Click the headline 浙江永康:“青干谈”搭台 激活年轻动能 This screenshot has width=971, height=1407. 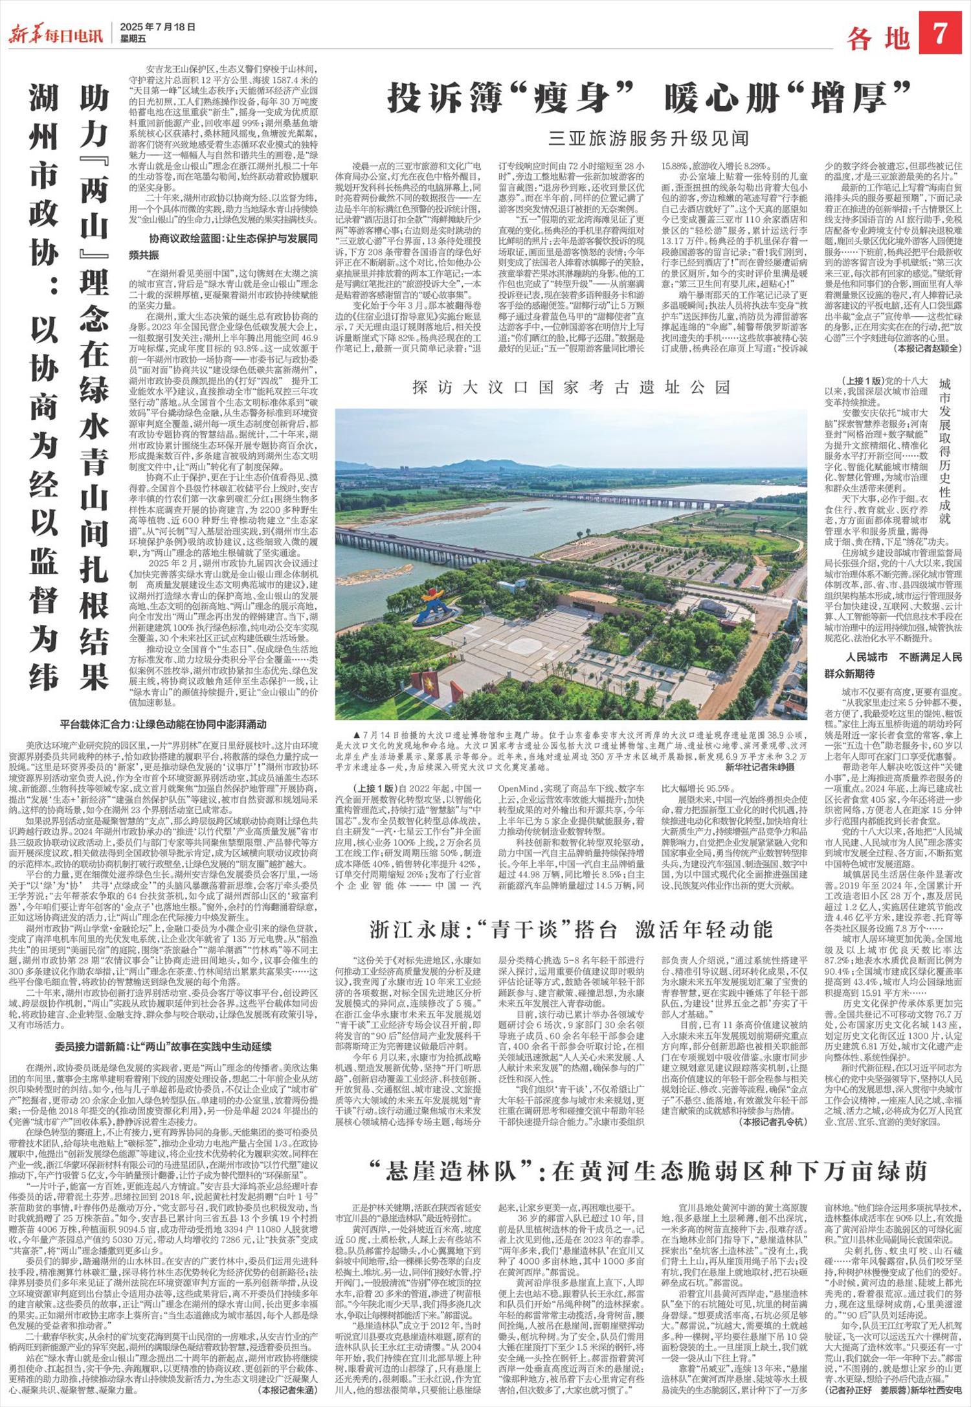pyautogui.click(x=572, y=929)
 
